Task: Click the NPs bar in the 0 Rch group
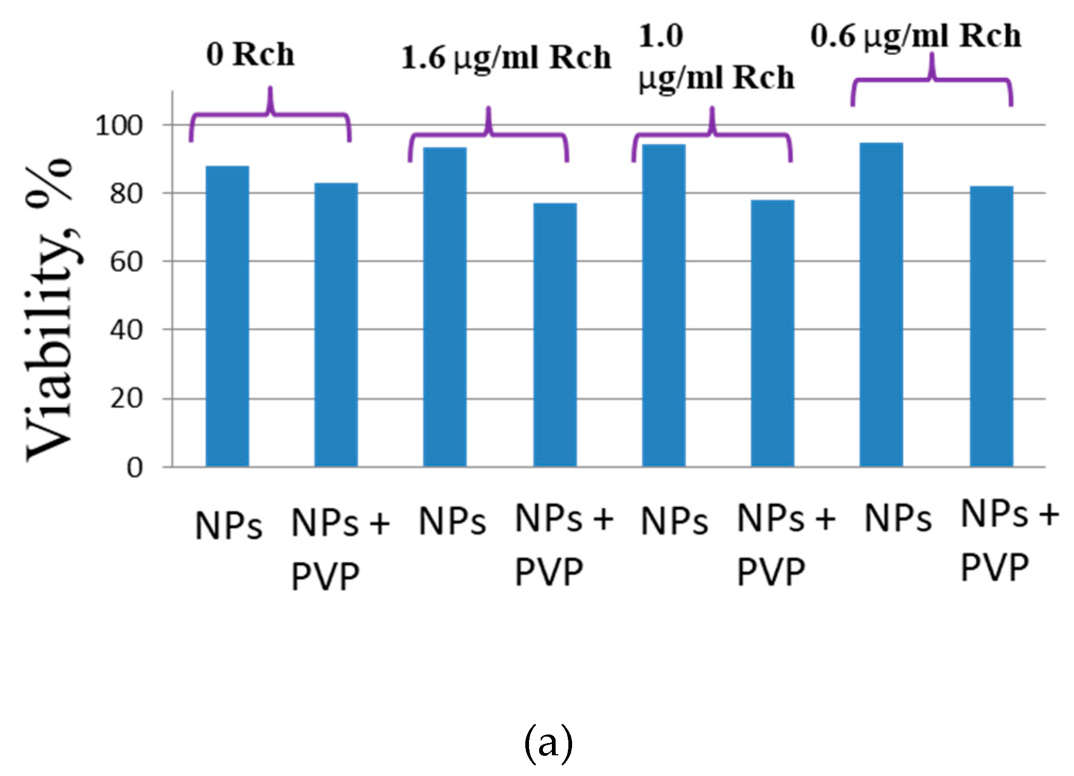pyautogui.click(x=227, y=316)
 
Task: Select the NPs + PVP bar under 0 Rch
pyautogui.click(x=335, y=325)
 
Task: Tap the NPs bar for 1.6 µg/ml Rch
pyautogui.click(x=444, y=307)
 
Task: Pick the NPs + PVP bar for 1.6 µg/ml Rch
pyautogui.click(x=555, y=335)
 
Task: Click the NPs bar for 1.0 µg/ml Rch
pyautogui.click(x=664, y=305)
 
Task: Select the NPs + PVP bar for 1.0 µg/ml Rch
pyautogui.click(x=772, y=333)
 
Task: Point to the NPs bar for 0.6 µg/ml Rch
pyautogui.click(x=881, y=305)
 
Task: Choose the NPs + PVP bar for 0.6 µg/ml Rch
pyautogui.click(x=991, y=326)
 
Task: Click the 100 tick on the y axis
pyautogui.click(x=119, y=126)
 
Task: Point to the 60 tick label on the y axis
pyautogui.click(x=126, y=262)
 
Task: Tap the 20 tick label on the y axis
pyautogui.click(x=126, y=398)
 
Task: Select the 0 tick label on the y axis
pyautogui.click(x=134, y=468)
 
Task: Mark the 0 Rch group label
pyautogui.click(x=250, y=54)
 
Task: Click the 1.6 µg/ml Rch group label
pyautogui.click(x=505, y=57)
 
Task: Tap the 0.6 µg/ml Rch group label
pyautogui.click(x=916, y=36)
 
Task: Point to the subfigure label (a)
pyautogui.click(x=548, y=743)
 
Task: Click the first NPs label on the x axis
pyautogui.click(x=229, y=525)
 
